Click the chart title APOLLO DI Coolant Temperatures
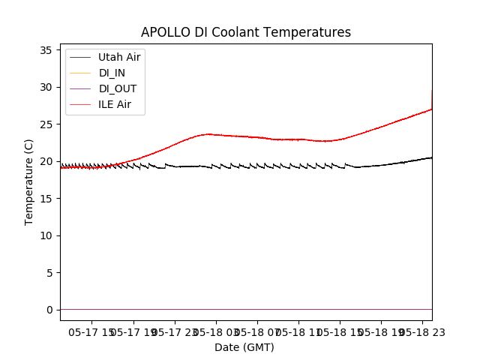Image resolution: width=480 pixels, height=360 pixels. tap(246, 32)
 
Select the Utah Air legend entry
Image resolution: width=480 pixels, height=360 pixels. tap(119, 57)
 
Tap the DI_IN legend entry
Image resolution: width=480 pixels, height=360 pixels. tap(112, 73)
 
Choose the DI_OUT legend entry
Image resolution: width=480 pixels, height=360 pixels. tap(118, 88)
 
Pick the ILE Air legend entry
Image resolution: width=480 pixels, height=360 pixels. tap(115, 104)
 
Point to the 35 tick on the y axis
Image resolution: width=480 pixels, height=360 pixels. tap(45, 50)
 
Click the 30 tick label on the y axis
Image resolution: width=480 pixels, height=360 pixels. tap(45, 87)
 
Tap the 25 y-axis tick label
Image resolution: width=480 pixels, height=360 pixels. tap(45, 124)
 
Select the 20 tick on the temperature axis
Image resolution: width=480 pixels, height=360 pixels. tap(45, 161)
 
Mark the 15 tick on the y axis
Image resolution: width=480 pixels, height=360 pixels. tap(45, 199)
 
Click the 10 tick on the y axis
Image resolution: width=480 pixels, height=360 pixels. tap(45, 235)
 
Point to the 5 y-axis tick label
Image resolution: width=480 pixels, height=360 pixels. tap(48, 272)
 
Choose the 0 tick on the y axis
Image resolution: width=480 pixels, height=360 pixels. tap(48, 310)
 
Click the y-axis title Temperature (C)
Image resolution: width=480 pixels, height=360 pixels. tap(29, 181)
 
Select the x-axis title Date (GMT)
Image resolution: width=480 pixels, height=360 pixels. tap(244, 347)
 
